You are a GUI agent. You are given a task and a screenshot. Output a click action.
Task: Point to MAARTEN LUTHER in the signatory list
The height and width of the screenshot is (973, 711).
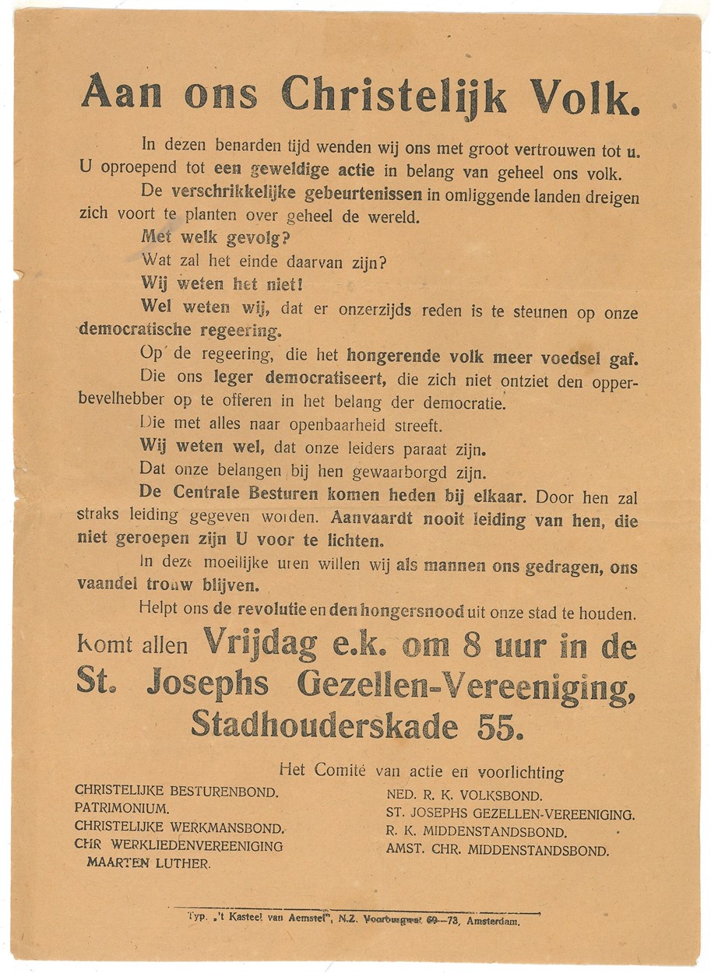[x=149, y=863]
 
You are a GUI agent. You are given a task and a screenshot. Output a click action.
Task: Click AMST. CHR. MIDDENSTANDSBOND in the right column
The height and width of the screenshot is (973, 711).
[x=498, y=850]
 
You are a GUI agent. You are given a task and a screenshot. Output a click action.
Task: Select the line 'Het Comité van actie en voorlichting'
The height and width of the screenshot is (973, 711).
[x=421, y=772]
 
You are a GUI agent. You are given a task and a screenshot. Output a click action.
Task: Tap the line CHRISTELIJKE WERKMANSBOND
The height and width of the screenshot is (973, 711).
[x=180, y=827]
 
